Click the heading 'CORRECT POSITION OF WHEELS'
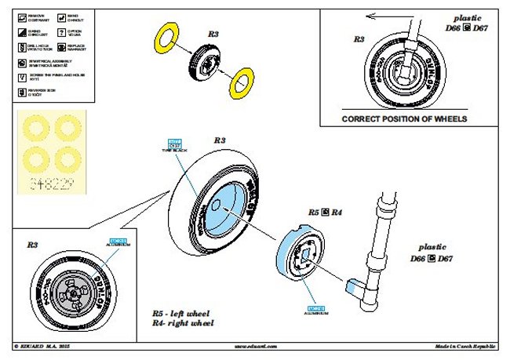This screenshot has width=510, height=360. (404, 119)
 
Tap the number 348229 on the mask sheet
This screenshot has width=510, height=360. (49, 186)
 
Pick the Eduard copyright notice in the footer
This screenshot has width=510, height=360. (47, 345)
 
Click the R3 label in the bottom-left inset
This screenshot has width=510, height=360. (32, 245)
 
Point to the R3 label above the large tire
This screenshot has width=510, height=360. (220, 140)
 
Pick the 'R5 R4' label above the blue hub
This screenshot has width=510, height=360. (324, 213)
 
